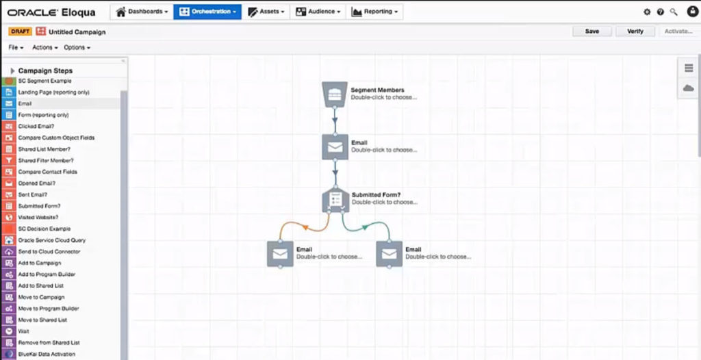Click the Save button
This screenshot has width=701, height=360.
(x=591, y=31)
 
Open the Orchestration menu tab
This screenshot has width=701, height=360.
(x=207, y=12)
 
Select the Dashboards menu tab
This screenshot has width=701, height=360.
(x=142, y=12)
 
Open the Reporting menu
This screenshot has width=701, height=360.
(x=374, y=12)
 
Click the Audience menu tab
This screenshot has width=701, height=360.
(x=318, y=12)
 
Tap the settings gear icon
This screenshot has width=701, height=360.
(x=647, y=12)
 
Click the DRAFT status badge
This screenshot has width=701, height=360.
(x=20, y=31)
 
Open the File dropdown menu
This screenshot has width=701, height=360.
(x=16, y=47)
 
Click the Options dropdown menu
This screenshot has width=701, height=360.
(x=77, y=47)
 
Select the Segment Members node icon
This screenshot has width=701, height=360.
(x=335, y=94)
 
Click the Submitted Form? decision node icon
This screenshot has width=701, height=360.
(x=335, y=199)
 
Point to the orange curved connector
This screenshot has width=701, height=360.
(x=305, y=228)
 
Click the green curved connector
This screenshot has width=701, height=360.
(x=365, y=227)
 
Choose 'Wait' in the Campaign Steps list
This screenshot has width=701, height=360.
(x=24, y=331)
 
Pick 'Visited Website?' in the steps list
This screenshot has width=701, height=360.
(x=38, y=218)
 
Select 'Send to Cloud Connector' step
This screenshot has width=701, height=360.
(x=49, y=252)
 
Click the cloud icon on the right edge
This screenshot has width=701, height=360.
(x=689, y=88)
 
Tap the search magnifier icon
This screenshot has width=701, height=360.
(x=674, y=12)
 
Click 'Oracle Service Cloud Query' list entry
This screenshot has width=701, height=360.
(x=52, y=240)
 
